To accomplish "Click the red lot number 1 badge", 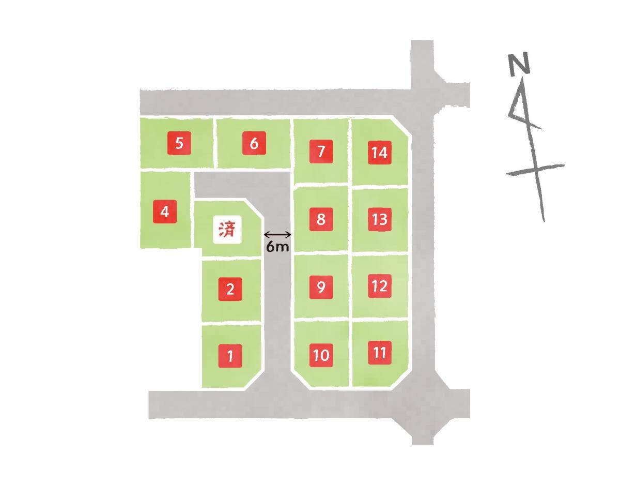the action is pos(230,356).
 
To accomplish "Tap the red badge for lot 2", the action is pos(230,289).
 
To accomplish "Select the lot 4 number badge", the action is pos(165,211).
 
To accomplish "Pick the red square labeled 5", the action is pos(179,143).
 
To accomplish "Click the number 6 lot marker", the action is pos(254,143).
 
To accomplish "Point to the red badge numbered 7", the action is pos(321,151).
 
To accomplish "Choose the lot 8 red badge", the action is pos(321,219).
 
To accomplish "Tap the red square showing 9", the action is pos(321,287).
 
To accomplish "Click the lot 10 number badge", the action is pos(321,355).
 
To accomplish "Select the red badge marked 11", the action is pos(379,353).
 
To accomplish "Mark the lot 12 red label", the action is pos(379,286).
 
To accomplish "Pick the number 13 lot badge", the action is pos(379,219).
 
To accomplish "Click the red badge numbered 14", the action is pos(379,153).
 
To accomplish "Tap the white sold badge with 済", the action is pos(227,230).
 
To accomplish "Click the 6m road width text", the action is pos(277,247).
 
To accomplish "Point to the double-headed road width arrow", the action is pos(277,235).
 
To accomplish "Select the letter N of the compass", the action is pos(519,64).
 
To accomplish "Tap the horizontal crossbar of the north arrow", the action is pos(535,169).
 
